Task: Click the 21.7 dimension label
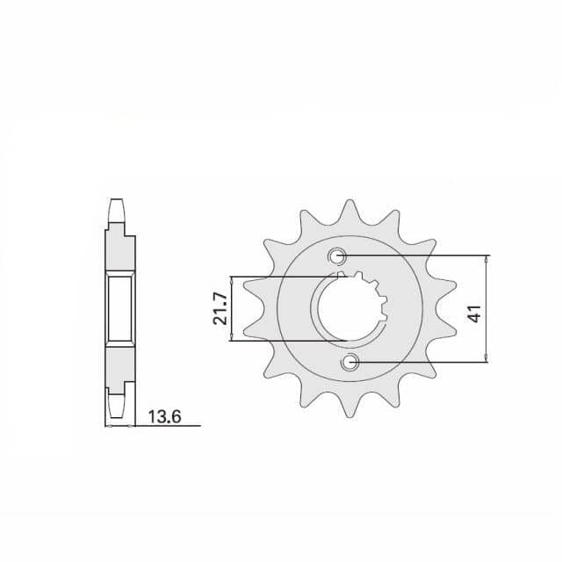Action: coord(220,308)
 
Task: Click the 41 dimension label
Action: coord(476,313)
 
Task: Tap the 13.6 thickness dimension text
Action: coord(164,417)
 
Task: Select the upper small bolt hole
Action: coord(337,256)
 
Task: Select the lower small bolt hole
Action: coord(349,362)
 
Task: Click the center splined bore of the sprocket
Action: coord(349,309)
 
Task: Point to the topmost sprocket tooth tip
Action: coord(349,201)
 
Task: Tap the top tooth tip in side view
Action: coord(117,200)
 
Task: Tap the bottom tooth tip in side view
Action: coord(117,416)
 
